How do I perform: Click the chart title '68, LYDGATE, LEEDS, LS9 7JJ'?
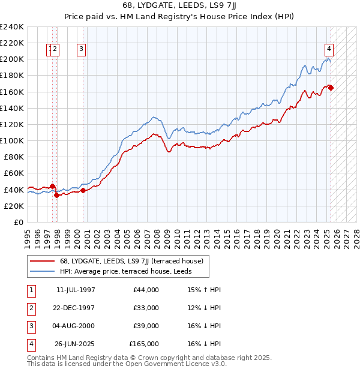[180, 5]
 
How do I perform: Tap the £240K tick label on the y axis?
[11, 27]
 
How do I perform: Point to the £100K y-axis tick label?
[11, 140]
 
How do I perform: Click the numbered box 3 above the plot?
[81, 50]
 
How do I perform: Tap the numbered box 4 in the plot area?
[329, 50]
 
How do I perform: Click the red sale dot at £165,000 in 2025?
[331, 88]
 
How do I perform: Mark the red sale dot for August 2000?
[83, 190]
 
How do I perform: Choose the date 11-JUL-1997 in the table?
[75, 290]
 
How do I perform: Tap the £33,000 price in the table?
[146, 308]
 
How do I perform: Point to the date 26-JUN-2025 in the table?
[75, 344]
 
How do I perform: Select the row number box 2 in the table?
[30, 308]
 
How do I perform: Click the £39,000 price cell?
[146, 326]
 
